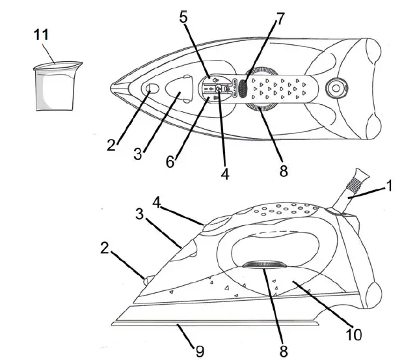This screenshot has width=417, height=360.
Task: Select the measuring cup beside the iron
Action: [x=57, y=85]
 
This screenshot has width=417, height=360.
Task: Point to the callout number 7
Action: [x=280, y=18]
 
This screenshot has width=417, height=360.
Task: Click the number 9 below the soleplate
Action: [x=200, y=351]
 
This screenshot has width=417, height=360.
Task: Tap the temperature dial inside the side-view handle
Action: [x=264, y=265]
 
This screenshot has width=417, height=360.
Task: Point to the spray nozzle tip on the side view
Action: [x=146, y=280]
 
